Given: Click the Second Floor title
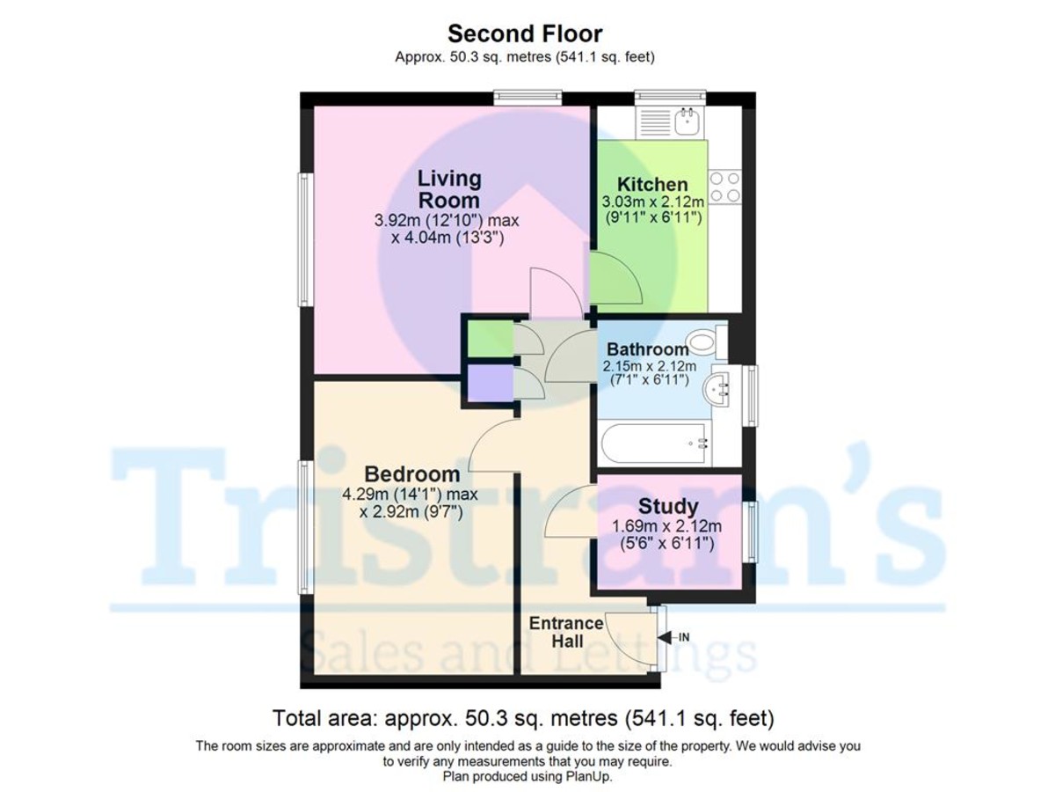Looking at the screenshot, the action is [x=524, y=34].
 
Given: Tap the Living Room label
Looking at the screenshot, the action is [x=449, y=189].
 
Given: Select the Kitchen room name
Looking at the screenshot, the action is [x=652, y=184].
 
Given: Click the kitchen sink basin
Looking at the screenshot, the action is [x=686, y=121].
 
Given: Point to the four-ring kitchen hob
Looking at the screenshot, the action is [x=724, y=187].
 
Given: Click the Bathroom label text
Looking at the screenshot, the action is [x=647, y=349].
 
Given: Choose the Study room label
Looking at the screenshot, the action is [x=667, y=506].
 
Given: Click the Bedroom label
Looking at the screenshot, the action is [x=412, y=474].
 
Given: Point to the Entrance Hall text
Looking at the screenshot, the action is [x=566, y=632].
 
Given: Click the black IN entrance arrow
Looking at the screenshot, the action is [x=665, y=638].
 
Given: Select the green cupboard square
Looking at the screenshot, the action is [x=491, y=339].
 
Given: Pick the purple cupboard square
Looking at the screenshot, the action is [x=491, y=383].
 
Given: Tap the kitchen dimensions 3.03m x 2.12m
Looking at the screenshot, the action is [x=652, y=202].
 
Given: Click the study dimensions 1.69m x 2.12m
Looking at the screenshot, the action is [x=666, y=526].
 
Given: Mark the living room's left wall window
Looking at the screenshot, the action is [x=305, y=239].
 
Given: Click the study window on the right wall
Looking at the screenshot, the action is [x=750, y=532].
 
